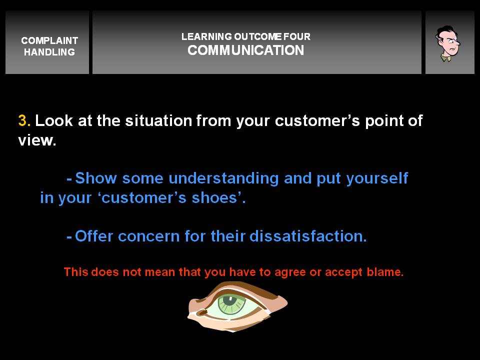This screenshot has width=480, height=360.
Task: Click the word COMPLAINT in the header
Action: pyautogui.click(x=49, y=40)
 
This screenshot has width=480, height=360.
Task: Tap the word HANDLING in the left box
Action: pyautogui.click(x=49, y=52)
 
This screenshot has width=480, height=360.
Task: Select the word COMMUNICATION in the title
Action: pyautogui.click(x=246, y=50)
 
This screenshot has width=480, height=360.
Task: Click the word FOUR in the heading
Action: pyautogui.click(x=296, y=36)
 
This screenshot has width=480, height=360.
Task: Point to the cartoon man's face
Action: pyautogui.click(x=448, y=43)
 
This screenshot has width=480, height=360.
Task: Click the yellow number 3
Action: pyautogui.click(x=24, y=120)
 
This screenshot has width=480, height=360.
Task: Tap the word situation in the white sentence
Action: pyautogui.click(x=158, y=120)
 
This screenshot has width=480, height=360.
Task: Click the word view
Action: pyautogui.click(x=37, y=140)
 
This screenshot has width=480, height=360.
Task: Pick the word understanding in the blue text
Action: pyautogui.click(x=223, y=178)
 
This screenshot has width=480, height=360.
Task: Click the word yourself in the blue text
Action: pyautogui.click(x=377, y=178)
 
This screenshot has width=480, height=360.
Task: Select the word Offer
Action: pyautogui.click(x=94, y=236)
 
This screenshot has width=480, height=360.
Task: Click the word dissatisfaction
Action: pyautogui.click(x=308, y=236)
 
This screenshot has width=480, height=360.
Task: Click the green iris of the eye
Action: pyautogui.click(x=232, y=303)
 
